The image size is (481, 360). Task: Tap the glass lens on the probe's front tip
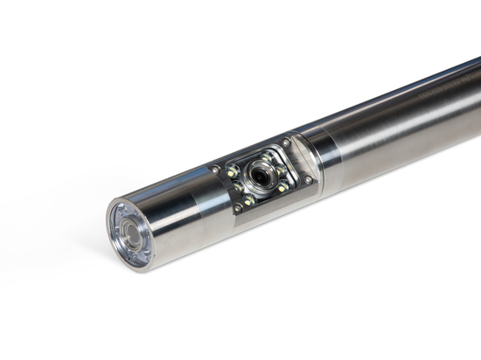tap(134, 234)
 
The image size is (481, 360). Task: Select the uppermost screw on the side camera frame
tap(286, 142)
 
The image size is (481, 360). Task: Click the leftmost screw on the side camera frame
tap(216, 170)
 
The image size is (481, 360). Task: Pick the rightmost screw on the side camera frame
tap(308, 181)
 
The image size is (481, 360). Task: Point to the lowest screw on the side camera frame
tap(238, 210)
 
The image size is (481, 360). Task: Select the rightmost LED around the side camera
tap(283, 186)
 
